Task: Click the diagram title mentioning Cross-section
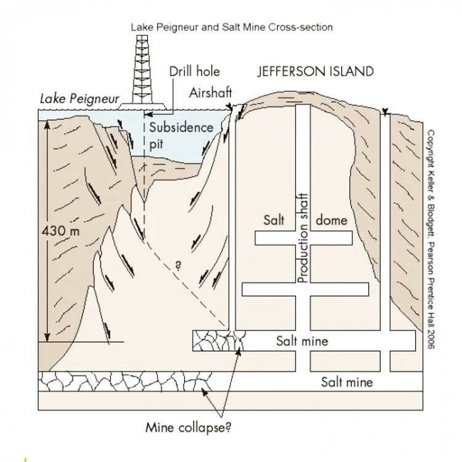[232, 27]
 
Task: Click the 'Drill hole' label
[195, 71]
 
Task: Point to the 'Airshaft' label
[211, 93]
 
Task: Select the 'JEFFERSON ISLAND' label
[315, 71]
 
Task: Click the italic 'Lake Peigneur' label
[80, 99]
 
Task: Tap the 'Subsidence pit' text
[181, 136]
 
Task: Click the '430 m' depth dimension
[61, 231]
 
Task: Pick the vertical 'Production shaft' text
[302, 238]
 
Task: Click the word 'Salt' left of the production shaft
[274, 220]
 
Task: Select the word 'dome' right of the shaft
[331, 220]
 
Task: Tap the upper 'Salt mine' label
[302, 341]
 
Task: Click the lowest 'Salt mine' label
[346, 382]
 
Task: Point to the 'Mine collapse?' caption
[188, 427]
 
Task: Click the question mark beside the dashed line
[178, 266]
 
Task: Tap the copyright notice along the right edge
[430, 240]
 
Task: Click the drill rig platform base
[143, 106]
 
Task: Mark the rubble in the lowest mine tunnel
[125, 381]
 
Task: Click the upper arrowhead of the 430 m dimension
[47, 125]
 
